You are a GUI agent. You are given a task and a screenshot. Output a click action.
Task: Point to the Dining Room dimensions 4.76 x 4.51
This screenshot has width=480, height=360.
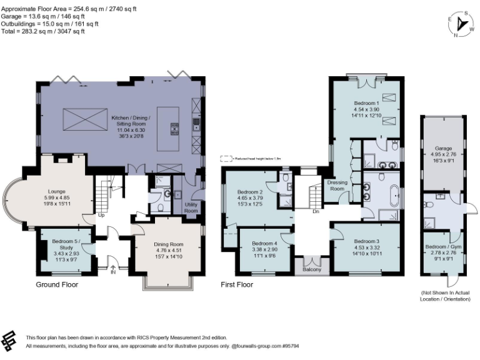[168, 249]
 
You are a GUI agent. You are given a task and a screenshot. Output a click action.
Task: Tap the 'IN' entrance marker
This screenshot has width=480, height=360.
[113, 272]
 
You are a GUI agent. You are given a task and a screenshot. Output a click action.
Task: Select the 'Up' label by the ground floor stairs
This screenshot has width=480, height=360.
[101, 216]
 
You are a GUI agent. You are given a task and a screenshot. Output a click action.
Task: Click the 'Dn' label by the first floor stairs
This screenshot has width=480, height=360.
[316, 212]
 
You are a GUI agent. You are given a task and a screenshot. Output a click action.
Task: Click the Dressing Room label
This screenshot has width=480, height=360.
[337, 186]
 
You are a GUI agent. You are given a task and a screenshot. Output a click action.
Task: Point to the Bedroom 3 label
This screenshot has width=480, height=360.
[366, 241]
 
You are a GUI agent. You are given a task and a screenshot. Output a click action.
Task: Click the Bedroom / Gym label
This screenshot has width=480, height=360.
[440, 246]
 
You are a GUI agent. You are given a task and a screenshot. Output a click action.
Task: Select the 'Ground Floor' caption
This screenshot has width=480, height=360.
[57, 284]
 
